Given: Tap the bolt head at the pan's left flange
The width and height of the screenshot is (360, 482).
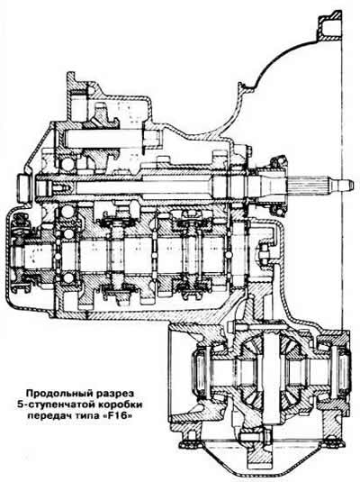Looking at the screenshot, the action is pyautogui.click(x=186, y=444).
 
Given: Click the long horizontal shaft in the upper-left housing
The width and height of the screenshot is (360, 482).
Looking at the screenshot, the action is pyautogui.click(x=110, y=139).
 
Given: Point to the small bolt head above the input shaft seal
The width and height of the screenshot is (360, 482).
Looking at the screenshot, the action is pyautogui.click(x=248, y=150).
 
